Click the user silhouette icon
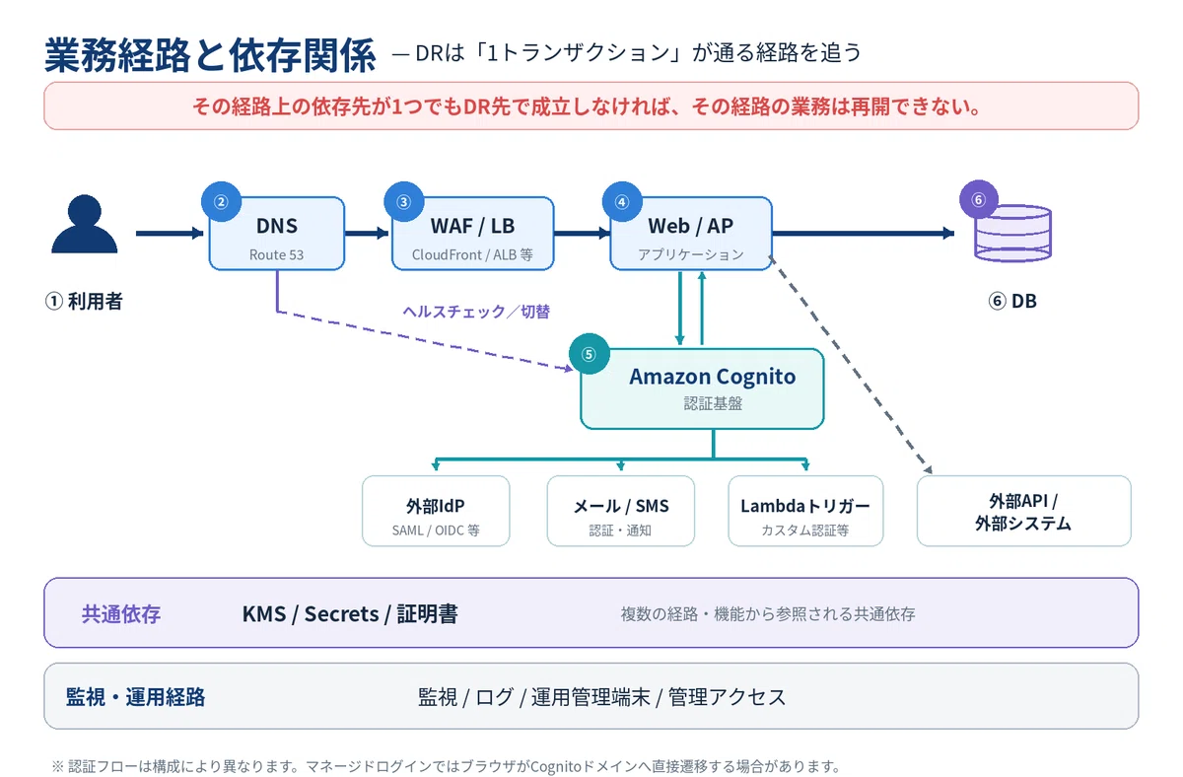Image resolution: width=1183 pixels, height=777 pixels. (x=85, y=224)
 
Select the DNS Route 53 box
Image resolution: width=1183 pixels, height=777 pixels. (x=277, y=234)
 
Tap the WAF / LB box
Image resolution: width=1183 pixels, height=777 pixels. (x=472, y=234)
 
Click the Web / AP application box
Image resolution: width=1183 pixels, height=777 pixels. (x=691, y=234)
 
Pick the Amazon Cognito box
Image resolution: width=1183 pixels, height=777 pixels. (x=702, y=388)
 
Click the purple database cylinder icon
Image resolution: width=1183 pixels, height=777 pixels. (x=1013, y=234)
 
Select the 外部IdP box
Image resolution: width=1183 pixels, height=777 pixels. (x=436, y=511)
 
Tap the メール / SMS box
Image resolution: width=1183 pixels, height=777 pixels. (x=620, y=511)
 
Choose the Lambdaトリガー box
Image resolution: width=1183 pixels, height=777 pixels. (x=805, y=511)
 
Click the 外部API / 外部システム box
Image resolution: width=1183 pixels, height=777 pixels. (x=1023, y=511)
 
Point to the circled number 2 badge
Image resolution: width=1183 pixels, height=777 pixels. (x=221, y=202)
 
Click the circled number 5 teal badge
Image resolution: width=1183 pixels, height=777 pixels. (x=590, y=354)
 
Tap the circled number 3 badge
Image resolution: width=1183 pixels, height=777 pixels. (x=404, y=202)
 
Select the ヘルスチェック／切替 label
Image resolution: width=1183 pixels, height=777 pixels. (x=476, y=312)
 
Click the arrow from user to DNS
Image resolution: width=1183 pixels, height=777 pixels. (x=170, y=233)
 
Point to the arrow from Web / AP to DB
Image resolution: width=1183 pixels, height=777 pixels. (x=863, y=233)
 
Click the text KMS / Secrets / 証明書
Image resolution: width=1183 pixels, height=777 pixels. (x=350, y=613)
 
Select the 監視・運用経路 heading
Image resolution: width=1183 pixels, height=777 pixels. (x=135, y=697)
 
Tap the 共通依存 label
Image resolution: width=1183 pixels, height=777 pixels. (x=121, y=613)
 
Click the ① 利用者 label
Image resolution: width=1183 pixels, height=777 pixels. (x=84, y=302)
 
